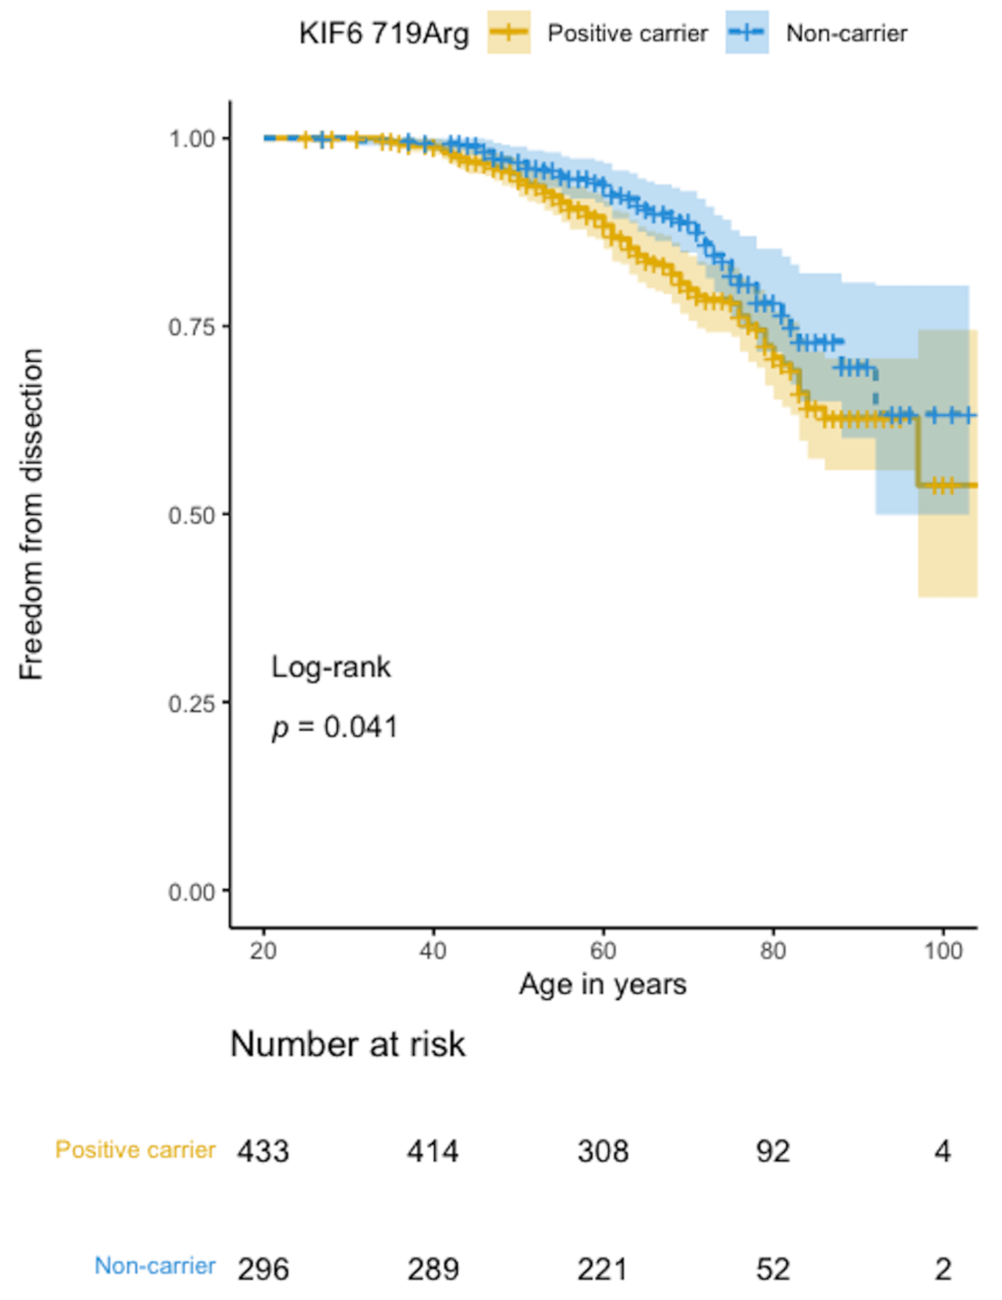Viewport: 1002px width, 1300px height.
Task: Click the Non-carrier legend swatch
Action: [746, 33]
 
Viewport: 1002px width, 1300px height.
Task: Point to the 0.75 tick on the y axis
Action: [191, 326]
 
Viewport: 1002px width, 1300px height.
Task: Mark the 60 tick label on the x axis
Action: [603, 951]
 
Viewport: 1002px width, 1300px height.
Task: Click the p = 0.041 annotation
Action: [335, 727]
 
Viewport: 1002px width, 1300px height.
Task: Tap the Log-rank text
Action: [331, 667]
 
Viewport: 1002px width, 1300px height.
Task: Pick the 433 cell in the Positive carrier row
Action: [263, 1151]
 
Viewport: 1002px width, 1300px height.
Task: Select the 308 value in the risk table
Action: [603, 1151]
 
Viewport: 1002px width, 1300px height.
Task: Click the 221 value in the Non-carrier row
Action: [603, 1270]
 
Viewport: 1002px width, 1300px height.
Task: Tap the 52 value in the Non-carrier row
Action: [773, 1270]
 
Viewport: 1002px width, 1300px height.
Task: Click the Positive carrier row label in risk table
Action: [135, 1150]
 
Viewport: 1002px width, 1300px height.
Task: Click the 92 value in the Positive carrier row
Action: [773, 1151]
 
